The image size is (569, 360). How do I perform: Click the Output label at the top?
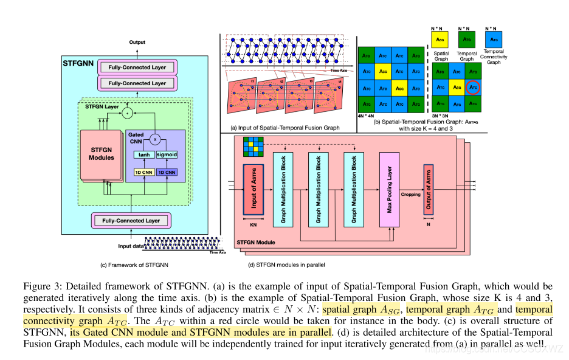pos(137,42)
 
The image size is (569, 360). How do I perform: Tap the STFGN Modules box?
pos(101,154)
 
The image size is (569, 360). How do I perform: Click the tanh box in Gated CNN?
pos(144,154)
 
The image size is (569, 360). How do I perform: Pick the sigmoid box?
pos(167,154)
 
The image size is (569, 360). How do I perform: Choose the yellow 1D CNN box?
pos(143,172)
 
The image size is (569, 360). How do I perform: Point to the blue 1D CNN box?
pos(166,172)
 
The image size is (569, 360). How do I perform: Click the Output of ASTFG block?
pos(429,190)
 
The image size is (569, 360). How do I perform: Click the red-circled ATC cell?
pos(474,87)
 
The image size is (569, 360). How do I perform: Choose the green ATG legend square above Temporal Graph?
pos(467,41)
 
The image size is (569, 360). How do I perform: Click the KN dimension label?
pos(253,224)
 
